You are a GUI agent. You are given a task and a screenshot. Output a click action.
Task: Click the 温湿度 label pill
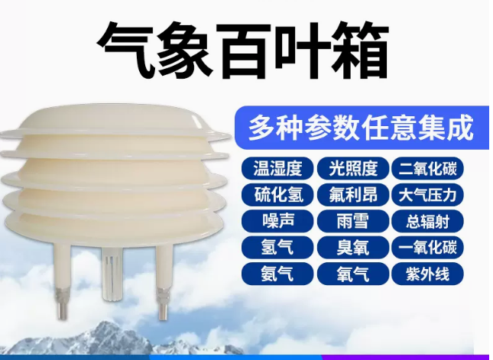(x=277, y=168)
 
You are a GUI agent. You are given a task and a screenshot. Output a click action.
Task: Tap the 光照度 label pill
(x=353, y=168)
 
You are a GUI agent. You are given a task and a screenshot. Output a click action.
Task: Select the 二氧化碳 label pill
(x=427, y=168)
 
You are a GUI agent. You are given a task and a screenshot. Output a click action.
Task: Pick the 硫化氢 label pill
(x=277, y=195)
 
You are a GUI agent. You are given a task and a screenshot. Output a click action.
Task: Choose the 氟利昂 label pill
(x=353, y=195)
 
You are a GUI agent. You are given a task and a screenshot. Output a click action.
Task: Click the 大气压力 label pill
(x=427, y=195)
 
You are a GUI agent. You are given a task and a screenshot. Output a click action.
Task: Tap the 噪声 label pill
(x=277, y=221)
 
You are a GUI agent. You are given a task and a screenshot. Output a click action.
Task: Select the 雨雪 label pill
(x=353, y=221)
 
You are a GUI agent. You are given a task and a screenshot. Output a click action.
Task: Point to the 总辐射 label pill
(x=427, y=221)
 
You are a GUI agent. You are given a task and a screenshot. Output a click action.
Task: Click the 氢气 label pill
(x=277, y=248)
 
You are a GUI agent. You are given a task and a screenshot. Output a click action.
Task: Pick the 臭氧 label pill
(x=353, y=248)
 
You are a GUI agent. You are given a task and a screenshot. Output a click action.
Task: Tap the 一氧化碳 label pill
(x=427, y=248)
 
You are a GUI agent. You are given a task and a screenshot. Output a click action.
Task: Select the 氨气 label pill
(x=277, y=274)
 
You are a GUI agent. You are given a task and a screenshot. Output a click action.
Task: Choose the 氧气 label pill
(x=353, y=274)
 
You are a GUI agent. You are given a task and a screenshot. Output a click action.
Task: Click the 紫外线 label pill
(x=427, y=274)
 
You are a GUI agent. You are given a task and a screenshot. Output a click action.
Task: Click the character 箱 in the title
(x=360, y=50)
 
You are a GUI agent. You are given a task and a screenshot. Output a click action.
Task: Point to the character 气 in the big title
(x=126, y=50)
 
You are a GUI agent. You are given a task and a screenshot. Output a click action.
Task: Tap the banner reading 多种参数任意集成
(x=362, y=128)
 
